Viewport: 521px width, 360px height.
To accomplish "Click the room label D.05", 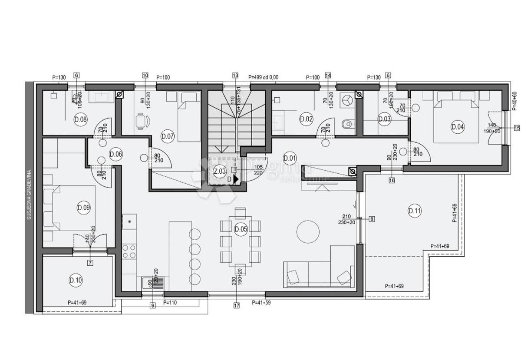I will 240,229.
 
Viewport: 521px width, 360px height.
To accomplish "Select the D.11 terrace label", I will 415,211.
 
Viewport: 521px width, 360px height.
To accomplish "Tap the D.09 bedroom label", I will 83,208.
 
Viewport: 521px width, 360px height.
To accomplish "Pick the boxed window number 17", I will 237,305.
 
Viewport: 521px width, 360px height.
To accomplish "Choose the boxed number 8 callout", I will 372,219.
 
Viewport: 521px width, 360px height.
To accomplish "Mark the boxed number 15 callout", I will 517,128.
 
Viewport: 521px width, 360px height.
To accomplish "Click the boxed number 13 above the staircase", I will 235,75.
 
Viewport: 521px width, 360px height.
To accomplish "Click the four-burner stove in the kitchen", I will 129,251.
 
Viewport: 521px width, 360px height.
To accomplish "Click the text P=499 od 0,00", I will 263,77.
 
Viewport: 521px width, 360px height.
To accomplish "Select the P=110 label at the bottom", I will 170,302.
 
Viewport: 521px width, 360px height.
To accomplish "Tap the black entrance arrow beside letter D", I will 236,178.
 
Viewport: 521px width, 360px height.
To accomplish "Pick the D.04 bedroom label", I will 458,127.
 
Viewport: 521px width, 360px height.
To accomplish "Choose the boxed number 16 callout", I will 392,180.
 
